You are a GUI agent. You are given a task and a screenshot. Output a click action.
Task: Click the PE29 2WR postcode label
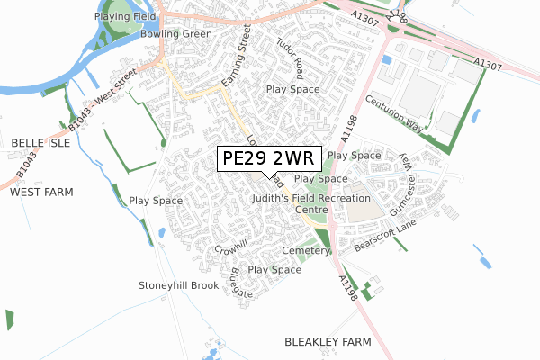click(267, 158)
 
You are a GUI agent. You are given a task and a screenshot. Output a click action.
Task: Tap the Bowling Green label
click(176, 34)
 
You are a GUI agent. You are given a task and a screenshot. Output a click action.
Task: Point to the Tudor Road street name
click(291, 56)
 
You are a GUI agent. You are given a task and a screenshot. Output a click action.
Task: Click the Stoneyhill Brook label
click(178, 285)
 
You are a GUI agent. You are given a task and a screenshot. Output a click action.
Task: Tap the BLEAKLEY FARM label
click(328, 343)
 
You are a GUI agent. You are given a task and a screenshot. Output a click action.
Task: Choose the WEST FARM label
click(40, 193)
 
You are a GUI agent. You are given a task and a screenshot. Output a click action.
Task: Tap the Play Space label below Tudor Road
click(293, 90)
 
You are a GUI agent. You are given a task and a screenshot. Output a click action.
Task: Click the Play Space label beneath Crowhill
click(274, 270)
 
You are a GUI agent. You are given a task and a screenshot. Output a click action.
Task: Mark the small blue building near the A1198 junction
click(386, 59)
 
